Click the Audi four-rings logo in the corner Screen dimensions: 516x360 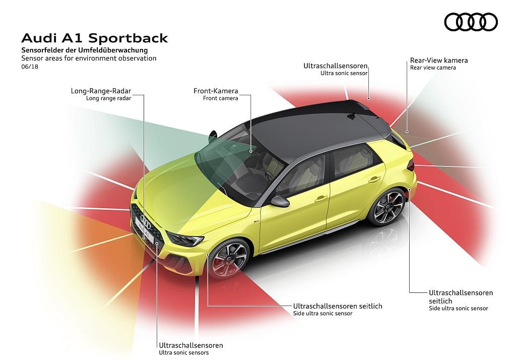click(471, 22)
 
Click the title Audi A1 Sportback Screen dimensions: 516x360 click(94, 38)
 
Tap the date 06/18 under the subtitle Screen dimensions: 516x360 click(30, 67)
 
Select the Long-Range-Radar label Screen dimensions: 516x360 click(101, 91)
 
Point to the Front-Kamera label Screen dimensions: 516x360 click(216, 91)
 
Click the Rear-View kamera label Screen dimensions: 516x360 click(439, 61)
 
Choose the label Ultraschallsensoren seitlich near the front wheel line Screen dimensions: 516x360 click(338, 306)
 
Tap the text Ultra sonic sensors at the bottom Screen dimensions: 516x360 click(183, 353)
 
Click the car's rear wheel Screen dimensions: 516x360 click(389, 207)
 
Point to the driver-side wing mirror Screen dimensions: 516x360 click(279, 200)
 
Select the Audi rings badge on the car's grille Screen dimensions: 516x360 click(145, 221)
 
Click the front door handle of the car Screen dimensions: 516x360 click(321, 199)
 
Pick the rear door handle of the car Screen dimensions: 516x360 click(374, 180)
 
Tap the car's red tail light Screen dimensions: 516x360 click(411, 165)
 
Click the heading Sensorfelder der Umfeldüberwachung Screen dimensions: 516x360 click(85, 50)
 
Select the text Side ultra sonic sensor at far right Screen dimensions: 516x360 click(459, 308)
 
